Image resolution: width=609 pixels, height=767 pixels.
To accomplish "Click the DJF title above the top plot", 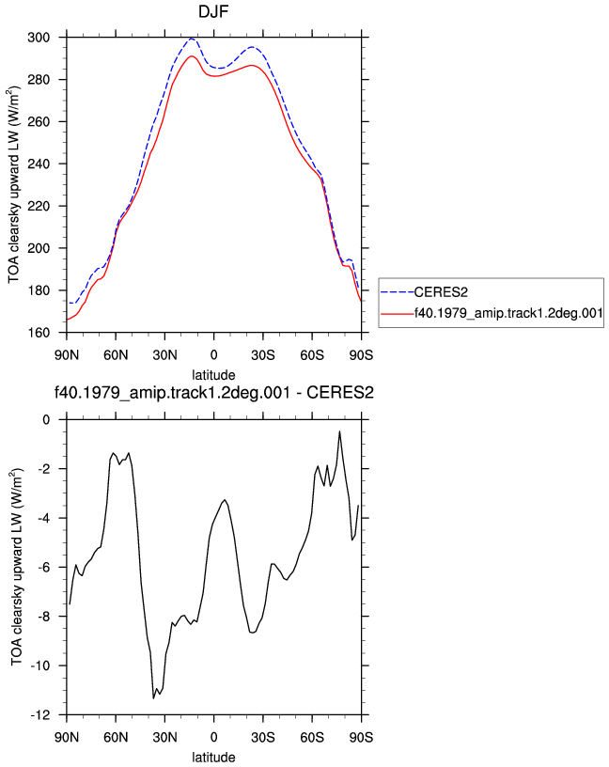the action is tap(213, 11).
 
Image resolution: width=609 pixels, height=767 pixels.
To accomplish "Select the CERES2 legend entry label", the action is tap(441, 292).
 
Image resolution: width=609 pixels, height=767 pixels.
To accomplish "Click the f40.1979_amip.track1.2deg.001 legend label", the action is tap(508, 313).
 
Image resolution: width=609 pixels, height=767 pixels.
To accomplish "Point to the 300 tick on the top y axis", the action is tap(39, 38).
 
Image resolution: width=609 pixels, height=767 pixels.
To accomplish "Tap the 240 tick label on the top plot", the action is tap(39, 164).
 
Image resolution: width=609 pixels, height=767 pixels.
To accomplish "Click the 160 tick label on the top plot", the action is tap(39, 333).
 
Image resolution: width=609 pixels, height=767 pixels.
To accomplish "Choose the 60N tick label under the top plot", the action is tap(116, 355).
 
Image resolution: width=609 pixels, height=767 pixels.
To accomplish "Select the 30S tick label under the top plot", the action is tap(263, 355).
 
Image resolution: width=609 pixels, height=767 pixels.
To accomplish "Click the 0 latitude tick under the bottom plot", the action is tap(213, 737).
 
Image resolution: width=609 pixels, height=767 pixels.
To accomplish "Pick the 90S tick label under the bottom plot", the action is tap(361, 737).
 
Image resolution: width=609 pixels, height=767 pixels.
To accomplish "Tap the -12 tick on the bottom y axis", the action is tap(40, 715).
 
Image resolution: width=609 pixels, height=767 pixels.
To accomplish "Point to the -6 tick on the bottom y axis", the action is tap(43, 568).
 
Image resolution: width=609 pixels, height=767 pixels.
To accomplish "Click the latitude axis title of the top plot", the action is tap(213, 375).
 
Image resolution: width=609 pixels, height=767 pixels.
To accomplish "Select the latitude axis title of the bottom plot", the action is tap(213, 758).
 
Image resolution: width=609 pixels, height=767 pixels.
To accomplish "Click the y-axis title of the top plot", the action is tap(14, 185).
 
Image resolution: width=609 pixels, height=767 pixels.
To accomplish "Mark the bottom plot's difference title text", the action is tap(213, 392).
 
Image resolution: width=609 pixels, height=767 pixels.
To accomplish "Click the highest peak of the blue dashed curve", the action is tap(192, 39).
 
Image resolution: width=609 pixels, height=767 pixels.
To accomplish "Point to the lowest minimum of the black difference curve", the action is tap(153, 698).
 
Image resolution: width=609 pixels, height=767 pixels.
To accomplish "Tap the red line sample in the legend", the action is tap(398, 314).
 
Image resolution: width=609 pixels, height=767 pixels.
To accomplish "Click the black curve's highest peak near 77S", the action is tap(339, 431).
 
